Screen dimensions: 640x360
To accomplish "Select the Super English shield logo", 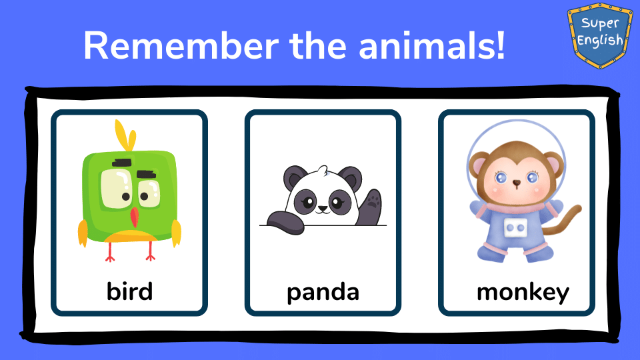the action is pyautogui.click(x=600, y=35).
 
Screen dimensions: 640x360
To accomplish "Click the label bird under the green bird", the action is pyautogui.click(x=129, y=291).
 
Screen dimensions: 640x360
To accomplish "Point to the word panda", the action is pyautogui.click(x=323, y=292).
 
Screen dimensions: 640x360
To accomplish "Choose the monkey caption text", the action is pyautogui.click(x=523, y=293).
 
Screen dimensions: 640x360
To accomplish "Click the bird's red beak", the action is pyautogui.click(x=134, y=217).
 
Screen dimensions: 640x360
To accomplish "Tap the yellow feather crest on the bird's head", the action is pyautogui.click(x=125, y=135).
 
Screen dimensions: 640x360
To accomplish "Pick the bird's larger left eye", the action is pyautogui.click(x=116, y=189).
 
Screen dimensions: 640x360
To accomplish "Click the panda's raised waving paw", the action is pyautogui.click(x=371, y=207).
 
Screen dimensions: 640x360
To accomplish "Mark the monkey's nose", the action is pyautogui.click(x=516, y=183).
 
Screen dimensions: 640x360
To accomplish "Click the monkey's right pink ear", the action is pyautogui.click(x=553, y=165).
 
